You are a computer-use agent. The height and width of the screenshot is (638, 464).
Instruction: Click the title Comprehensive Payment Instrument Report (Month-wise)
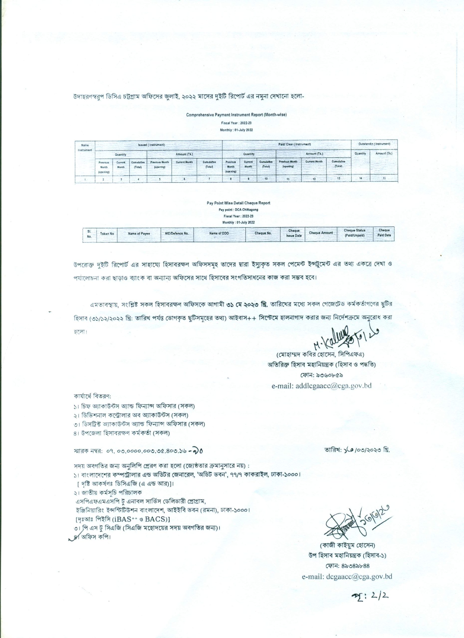(236, 115)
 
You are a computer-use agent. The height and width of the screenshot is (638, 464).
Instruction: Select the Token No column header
(107, 234)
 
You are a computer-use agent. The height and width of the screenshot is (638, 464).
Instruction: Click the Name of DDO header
(219, 234)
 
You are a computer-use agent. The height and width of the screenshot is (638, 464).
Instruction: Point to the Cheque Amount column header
(321, 233)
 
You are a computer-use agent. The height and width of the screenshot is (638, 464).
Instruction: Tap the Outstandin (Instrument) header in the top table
(374, 144)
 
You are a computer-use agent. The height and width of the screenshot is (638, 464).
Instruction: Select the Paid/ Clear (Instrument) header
(287, 144)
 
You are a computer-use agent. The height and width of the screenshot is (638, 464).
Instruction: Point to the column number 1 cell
(85, 179)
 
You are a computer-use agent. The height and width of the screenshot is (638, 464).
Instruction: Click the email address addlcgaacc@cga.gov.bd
(322, 386)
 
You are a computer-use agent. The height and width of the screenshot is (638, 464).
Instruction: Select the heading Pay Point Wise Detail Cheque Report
(238, 203)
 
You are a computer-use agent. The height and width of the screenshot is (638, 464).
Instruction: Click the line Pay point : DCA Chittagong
(238, 210)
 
